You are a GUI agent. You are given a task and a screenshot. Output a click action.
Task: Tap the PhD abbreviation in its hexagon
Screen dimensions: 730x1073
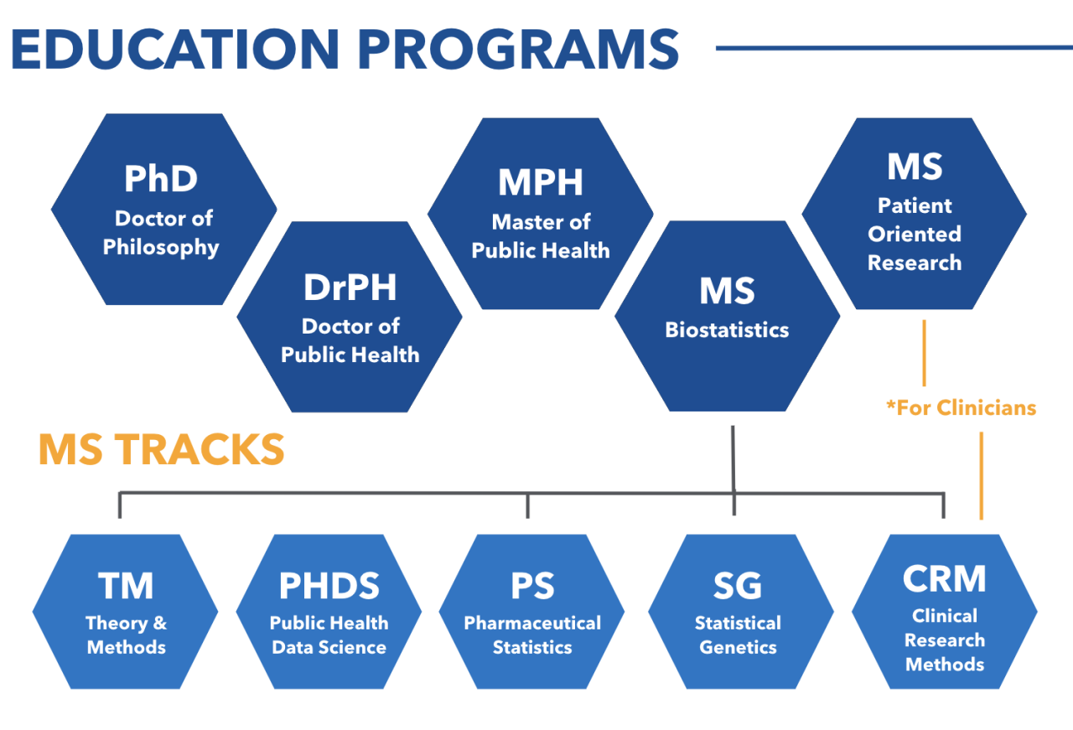(161, 179)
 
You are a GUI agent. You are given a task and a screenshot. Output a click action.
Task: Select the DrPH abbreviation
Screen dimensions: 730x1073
(350, 287)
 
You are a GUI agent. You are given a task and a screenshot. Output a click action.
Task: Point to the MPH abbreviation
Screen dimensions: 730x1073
(541, 183)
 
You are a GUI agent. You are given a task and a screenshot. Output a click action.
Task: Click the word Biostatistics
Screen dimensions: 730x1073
(727, 330)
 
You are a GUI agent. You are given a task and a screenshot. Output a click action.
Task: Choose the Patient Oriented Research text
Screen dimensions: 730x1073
(915, 235)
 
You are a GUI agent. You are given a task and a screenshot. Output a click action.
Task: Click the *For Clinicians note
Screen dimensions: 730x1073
(962, 408)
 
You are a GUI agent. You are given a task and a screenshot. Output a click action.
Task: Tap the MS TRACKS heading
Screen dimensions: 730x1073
(162, 451)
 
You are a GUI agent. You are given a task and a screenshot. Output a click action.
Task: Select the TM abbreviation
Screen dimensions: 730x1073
(126, 586)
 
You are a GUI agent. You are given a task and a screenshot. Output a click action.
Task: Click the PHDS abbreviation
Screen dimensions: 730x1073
(329, 587)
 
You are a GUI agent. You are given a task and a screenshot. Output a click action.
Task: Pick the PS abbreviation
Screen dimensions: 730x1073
(532, 586)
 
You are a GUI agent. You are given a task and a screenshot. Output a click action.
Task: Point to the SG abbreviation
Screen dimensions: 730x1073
(738, 586)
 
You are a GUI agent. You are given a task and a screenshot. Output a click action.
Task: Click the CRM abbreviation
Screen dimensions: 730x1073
(945, 579)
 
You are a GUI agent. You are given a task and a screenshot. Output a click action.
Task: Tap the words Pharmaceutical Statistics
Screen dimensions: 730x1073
(532, 635)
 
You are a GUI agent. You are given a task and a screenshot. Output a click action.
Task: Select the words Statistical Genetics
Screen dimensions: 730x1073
(738, 635)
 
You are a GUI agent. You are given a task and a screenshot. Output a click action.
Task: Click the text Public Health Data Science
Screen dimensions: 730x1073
(329, 635)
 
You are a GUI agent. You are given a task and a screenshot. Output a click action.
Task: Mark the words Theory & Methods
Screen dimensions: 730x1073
(126, 635)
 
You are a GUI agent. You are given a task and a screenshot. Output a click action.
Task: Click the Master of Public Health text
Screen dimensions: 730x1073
(541, 236)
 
